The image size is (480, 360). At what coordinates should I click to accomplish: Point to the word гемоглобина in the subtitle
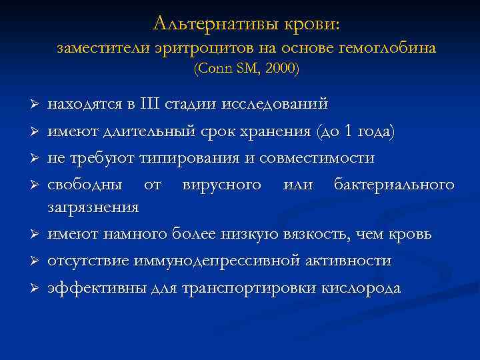pos(396,48)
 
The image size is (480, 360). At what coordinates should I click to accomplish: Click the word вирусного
pos(221,184)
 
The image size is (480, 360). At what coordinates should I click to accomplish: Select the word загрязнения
pos(93,207)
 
